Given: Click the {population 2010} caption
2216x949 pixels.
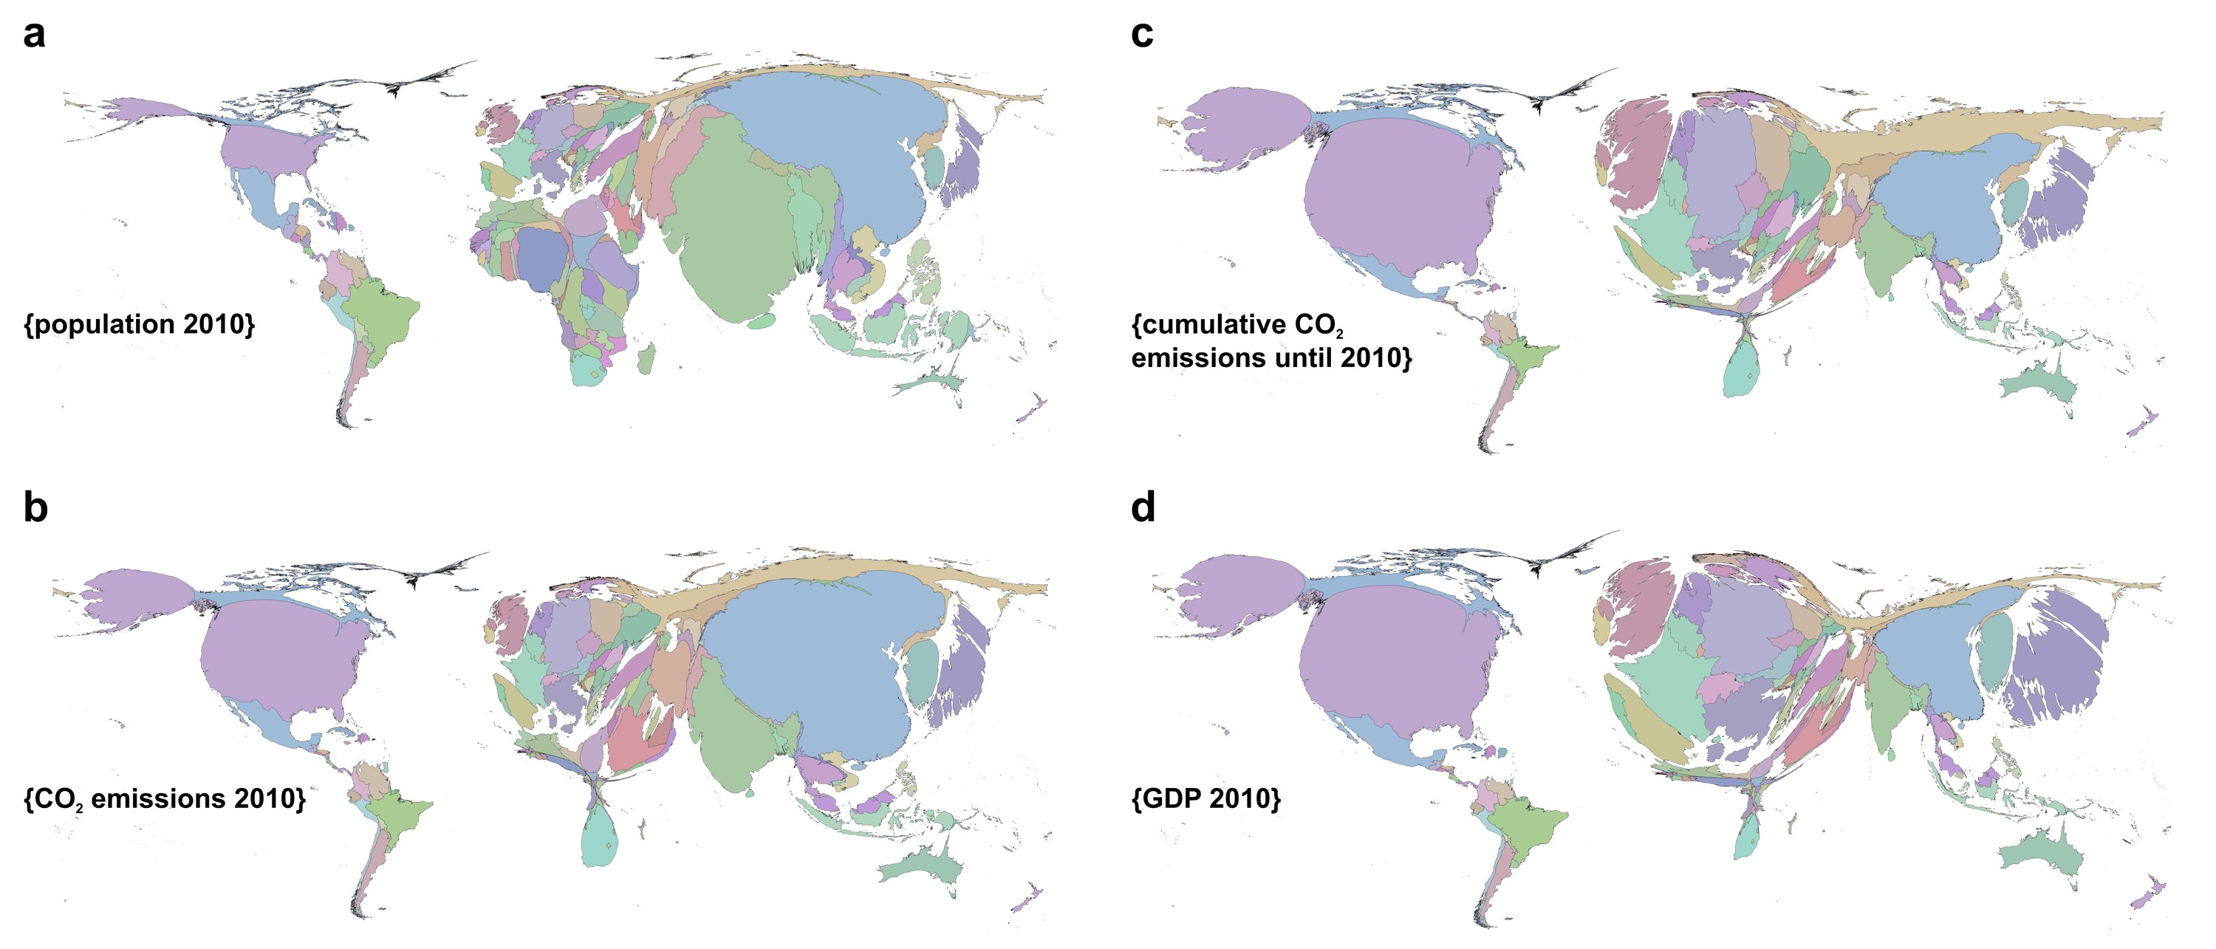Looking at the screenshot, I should click(140, 324).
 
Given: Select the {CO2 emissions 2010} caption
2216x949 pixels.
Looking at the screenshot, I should click(164, 799).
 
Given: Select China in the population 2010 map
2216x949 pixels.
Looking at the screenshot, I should click(826, 146).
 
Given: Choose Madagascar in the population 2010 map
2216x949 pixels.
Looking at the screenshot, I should click(646, 359).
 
